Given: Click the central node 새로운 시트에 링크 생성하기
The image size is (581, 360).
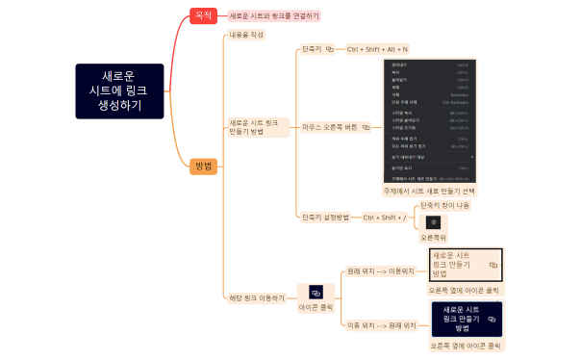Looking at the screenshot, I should pyautogui.click(x=119, y=90).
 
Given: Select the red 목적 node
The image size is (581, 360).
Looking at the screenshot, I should pyautogui.click(x=203, y=15).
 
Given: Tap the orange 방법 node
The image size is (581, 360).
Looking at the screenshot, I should pyautogui.click(x=203, y=166).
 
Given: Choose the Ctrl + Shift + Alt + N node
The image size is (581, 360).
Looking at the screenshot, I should pyautogui.click(x=378, y=48).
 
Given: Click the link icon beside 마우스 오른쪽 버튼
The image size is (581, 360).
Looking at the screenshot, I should pyautogui.click(x=366, y=126).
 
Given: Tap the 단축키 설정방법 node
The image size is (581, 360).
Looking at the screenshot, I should pyautogui.click(x=325, y=218).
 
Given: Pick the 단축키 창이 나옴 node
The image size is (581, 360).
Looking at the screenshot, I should pyautogui.click(x=443, y=205).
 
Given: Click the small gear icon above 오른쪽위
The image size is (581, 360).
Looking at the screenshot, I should pyautogui.click(x=433, y=222).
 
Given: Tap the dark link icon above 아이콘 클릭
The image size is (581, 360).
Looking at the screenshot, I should pyautogui.click(x=316, y=291).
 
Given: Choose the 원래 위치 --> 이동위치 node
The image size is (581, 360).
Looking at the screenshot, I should pyautogui.click(x=381, y=271).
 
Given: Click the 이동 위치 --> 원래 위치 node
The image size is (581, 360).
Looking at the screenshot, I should pyautogui.click(x=381, y=325).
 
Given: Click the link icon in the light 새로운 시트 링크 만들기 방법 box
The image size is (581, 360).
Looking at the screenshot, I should pyautogui.click(x=493, y=263).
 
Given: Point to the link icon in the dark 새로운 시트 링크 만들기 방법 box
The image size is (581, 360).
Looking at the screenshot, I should pyautogui.click(x=492, y=317).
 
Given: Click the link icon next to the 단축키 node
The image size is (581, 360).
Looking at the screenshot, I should pyautogui.click(x=330, y=48).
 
